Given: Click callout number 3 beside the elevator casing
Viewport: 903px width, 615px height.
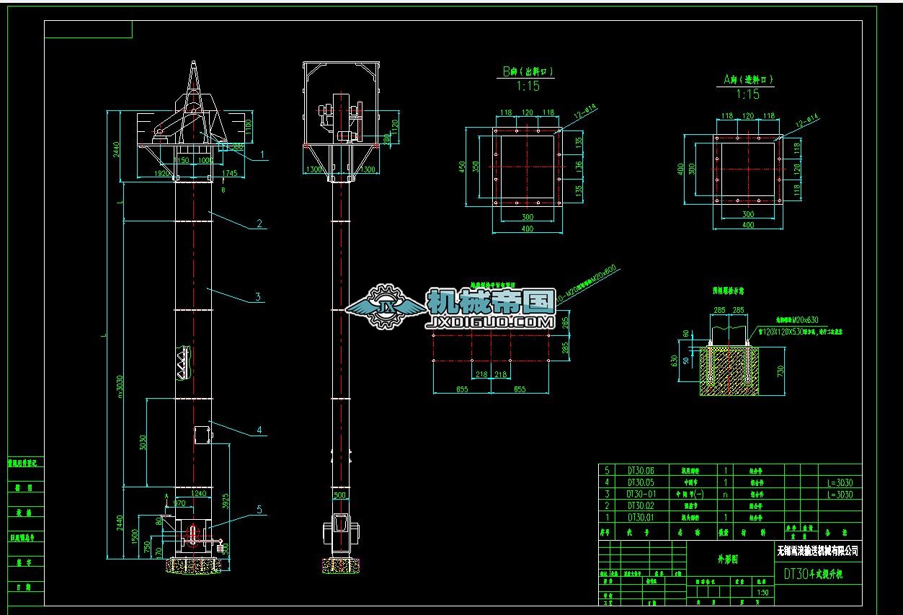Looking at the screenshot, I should click(x=257, y=296).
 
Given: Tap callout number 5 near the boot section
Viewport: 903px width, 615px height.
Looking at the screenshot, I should click(x=259, y=509).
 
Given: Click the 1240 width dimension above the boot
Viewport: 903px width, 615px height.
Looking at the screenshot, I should click(x=199, y=493).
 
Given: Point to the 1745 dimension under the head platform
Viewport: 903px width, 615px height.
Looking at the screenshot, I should click(x=230, y=174).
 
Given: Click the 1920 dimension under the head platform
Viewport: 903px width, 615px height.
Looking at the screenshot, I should click(x=163, y=174).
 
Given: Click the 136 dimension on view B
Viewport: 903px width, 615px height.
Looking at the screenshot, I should click(x=579, y=167).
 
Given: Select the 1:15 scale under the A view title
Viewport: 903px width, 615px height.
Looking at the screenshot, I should click(x=748, y=95).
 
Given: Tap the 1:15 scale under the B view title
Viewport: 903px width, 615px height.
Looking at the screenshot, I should click(x=528, y=87).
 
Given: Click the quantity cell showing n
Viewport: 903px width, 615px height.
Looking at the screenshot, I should click(x=725, y=494).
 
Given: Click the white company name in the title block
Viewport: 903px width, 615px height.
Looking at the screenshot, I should click(x=818, y=552).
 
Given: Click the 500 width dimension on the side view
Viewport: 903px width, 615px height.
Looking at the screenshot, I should click(x=339, y=496).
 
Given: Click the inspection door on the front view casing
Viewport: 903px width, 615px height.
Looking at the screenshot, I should click(x=203, y=435).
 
